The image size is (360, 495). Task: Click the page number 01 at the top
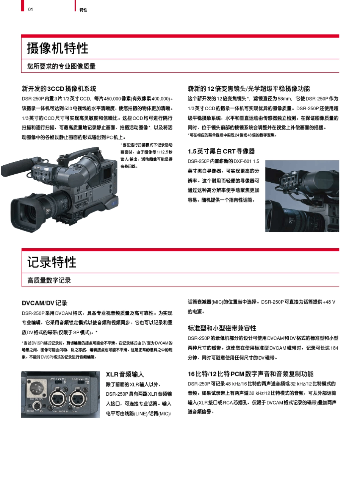[31, 9]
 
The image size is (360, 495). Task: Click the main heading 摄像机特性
[58, 48]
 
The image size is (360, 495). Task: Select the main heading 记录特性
[52, 262]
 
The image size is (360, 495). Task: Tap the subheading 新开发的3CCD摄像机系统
[59, 89]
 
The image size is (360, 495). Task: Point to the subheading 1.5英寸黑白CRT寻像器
[221, 151]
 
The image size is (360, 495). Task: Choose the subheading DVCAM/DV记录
[44, 303]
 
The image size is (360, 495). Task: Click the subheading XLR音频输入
[125, 374]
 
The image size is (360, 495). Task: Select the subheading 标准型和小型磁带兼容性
[222, 328]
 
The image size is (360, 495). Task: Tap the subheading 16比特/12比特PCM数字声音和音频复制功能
[250, 374]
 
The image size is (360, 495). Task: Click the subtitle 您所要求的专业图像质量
[61, 66]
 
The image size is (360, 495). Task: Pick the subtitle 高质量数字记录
[49, 280]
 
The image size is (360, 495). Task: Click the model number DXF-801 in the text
[243, 161]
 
